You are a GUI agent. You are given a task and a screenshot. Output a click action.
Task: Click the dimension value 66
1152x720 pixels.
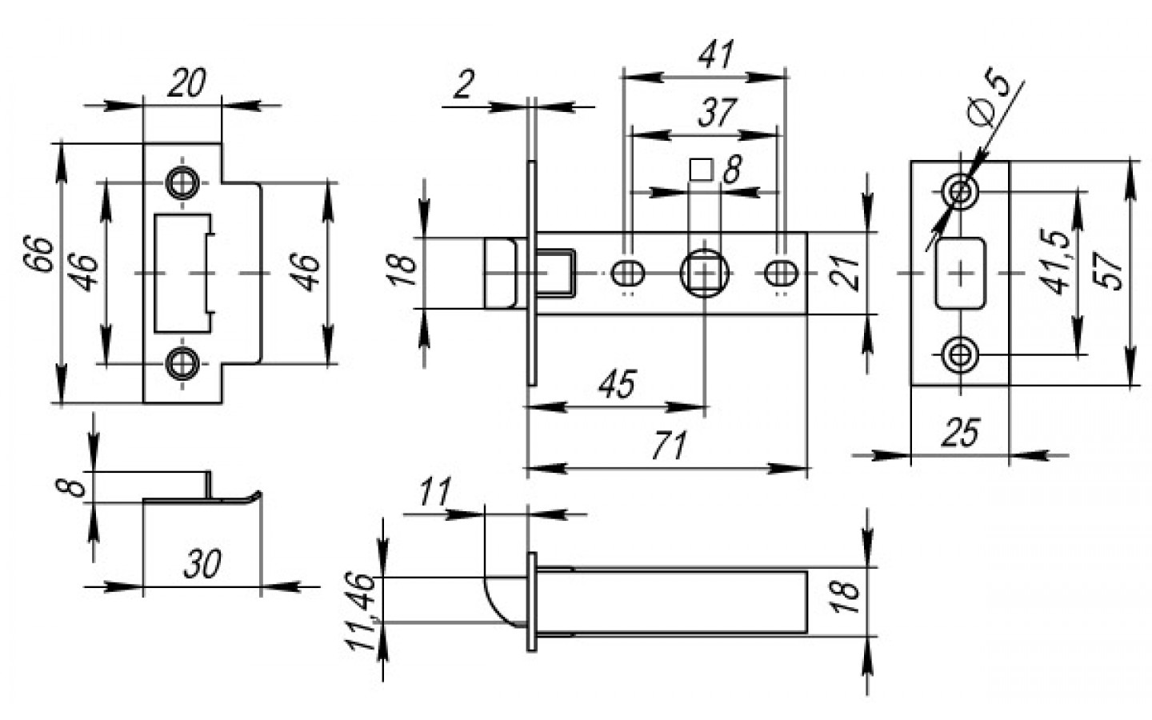pyautogui.click(x=44, y=254)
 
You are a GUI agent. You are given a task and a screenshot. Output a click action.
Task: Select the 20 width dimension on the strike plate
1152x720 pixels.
pyautogui.click(x=186, y=82)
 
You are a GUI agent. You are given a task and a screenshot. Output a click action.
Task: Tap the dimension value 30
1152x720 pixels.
pyautogui.click(x=202, y=564)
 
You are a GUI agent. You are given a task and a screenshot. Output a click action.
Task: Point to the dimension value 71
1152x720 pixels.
pyautogui.click(x=668, y=446)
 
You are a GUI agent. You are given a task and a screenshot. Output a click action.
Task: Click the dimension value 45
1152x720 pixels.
pyautogui.click(x=617, y=384)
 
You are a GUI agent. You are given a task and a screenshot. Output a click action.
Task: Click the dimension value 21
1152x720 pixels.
pyautogui.click(x=846, y=272)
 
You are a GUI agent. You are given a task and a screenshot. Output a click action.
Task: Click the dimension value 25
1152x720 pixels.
pyautogui.click(x=959, y=433)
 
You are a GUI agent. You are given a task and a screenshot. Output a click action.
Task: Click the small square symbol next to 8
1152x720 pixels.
pyautogui.click(x=701, y=170)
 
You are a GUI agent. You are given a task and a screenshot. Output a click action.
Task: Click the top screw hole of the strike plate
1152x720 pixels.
pyautogui.click(x=182, y=183)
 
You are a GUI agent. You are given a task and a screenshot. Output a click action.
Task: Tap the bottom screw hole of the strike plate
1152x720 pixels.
pyautogui.click(x=182, y=364)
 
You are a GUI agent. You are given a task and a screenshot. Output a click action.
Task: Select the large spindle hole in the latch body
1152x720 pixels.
pyautogui.click(x=704, y=274)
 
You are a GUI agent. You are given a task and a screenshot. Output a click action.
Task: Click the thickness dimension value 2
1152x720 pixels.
pyautogui.click(x=464, y=85)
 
